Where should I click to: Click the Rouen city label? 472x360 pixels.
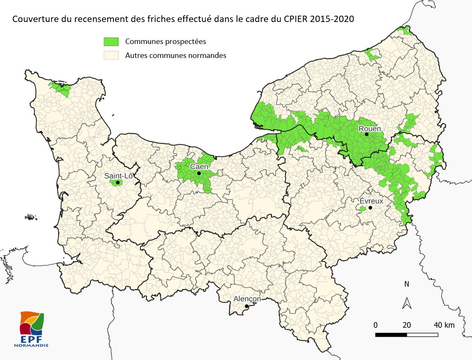pyautogui.click(x=370, y=129)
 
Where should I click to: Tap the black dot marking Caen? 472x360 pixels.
pyautogui.click(x=199, y=173)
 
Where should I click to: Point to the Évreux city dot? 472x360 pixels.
pyautogui.click(x=370, y=208)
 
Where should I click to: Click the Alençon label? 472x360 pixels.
pyautogui.click(x=247, y=299)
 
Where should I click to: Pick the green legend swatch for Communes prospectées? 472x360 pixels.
pyautogui.click(x=112, y=41)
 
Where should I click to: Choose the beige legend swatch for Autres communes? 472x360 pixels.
pyautogui.click(x=112, y=55)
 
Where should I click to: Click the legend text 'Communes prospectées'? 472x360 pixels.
pyautogui.click(x=166, y=41)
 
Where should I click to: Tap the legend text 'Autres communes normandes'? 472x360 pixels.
pyautogui.click(x=176, y=55)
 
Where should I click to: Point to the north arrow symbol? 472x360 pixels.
pyautogui.click(x=407, y=302)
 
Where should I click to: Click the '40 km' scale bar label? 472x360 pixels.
pyautogui.click(x=443, y=325)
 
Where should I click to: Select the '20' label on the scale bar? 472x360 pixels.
pyautogui.click(x=406, y=325)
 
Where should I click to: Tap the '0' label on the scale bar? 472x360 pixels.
pyautogui.click(x=375, y=325)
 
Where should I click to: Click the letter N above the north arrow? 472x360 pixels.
pyautogui.click(x=407, y=284)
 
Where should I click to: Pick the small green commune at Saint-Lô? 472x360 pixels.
pyautogui.click(x=115, y=182)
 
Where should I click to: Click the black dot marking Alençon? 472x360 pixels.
pyautogui.click(x=246, y=306)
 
